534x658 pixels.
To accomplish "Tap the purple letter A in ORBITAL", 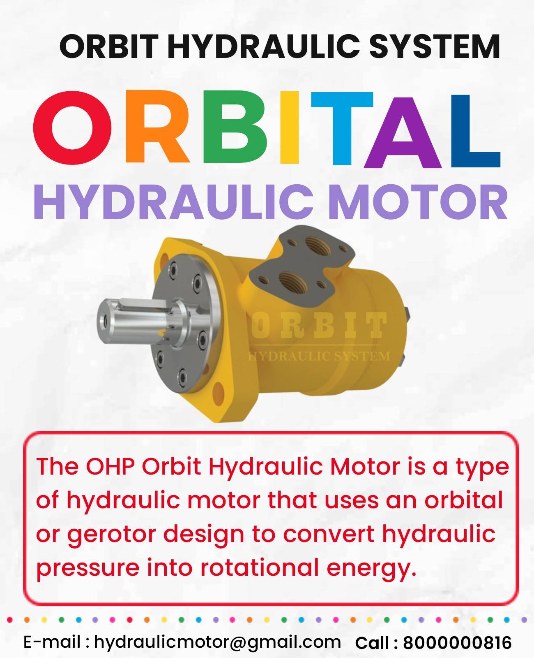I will click(405, 134).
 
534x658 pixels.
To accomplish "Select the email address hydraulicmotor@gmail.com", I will click(217, 642).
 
